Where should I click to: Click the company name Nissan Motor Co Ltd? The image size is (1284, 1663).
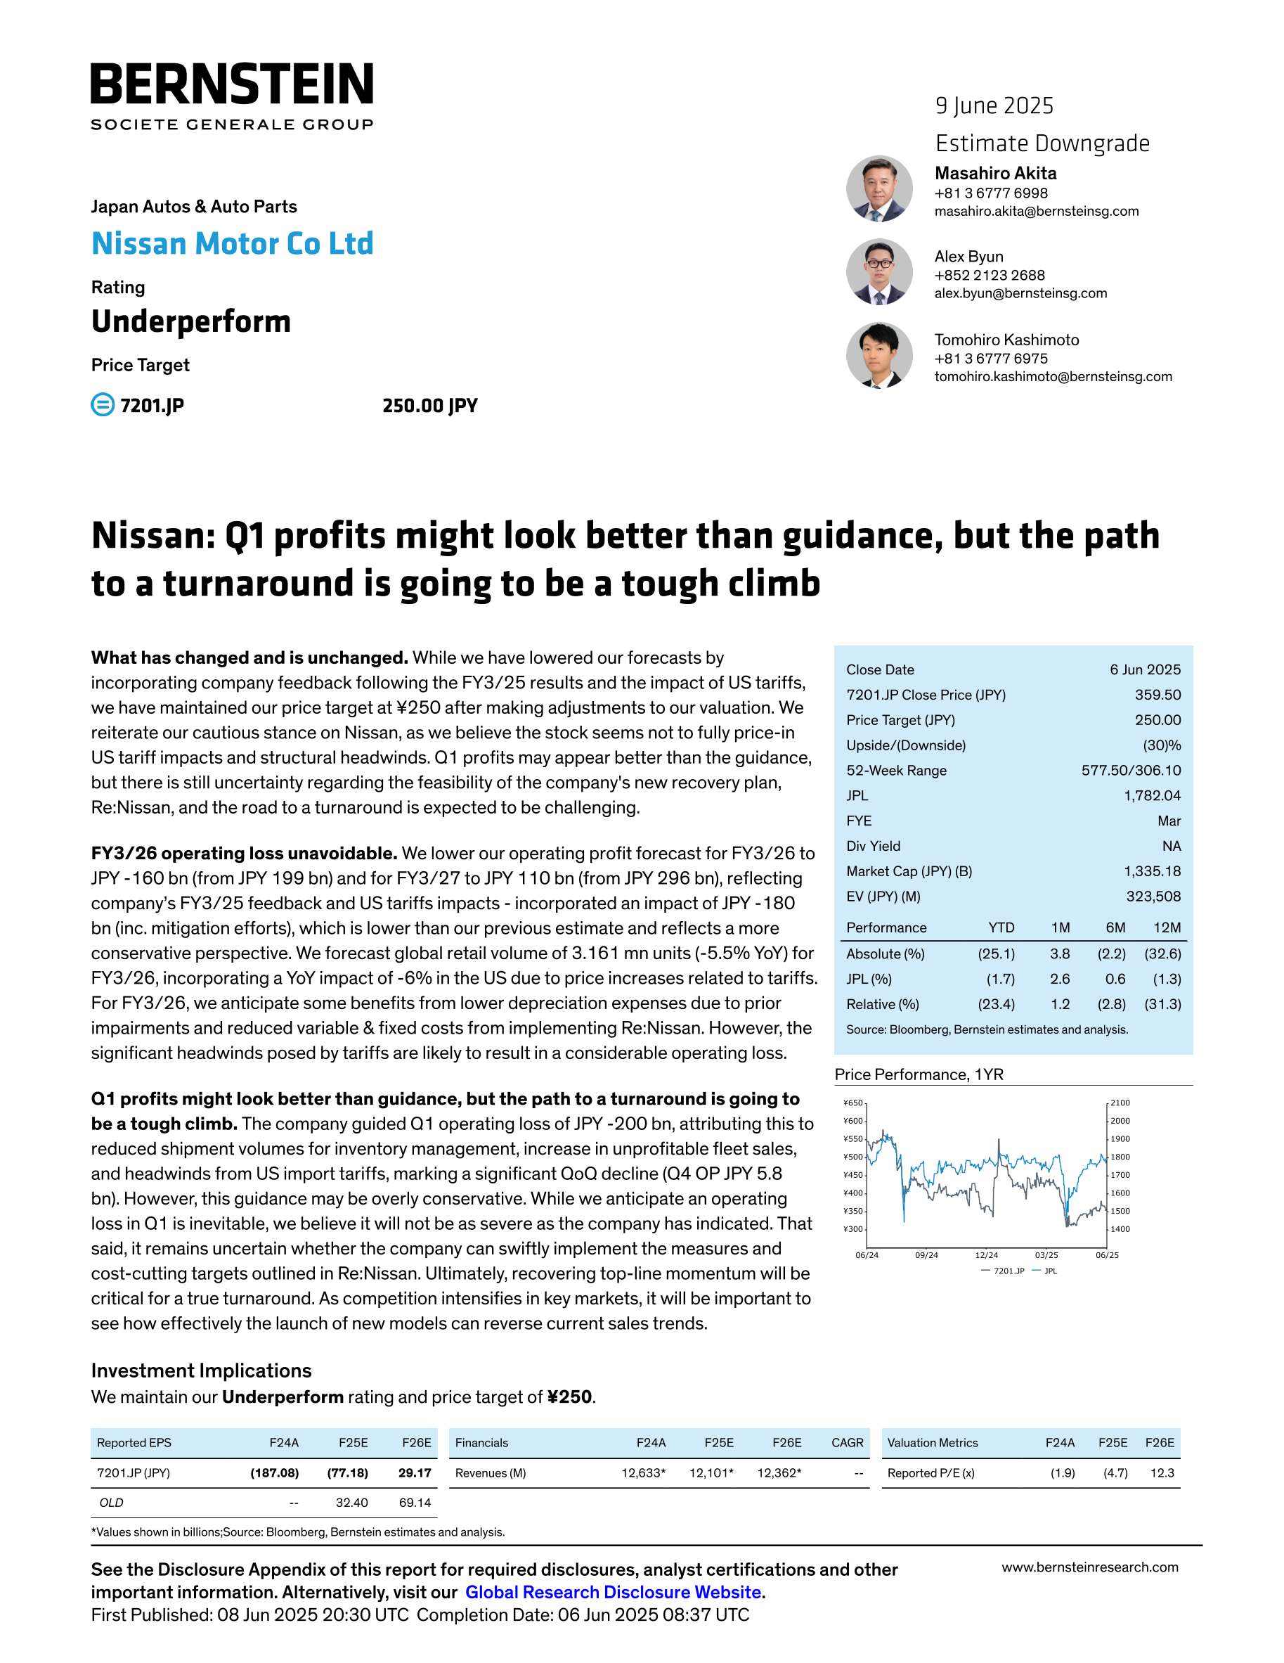pyautogui.click(x=232, y=244)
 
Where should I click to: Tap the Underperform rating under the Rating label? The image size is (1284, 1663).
pyautogui.click(x=191, y=321)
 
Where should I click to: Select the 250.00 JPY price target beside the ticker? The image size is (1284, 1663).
pyautogui.click(x=430, y=405)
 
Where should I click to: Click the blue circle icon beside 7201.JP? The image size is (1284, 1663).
pyautogui.click(x=102, y=404)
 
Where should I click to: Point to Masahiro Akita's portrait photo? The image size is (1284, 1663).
pyautogui.click(x=879, y=189)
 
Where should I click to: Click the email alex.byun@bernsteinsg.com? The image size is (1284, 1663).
pyautogui.click(x=1020, y=293)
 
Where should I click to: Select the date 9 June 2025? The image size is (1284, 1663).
pyautogui.click(x=994, y=106)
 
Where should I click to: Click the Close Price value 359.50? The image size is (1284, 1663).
pyautogui.click(x=1157, y=695)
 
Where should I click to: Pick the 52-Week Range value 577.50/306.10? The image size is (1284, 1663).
pyautogui.click(x=1131, y=770)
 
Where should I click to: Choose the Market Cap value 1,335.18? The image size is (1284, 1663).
pyautogui.click(x=1153, y=871)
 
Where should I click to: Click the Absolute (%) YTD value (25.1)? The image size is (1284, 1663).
pyautogui.click(x=997, y=954)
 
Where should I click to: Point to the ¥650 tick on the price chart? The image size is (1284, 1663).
pyautogui.click(x=852, y=1103)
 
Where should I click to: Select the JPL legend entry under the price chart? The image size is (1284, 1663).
pyautogui.click(x=1049, y=1271)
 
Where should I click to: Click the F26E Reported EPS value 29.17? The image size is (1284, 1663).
pyautogui.click(x=415, y=1472)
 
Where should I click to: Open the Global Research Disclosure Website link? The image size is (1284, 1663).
pyautogui.click(x=614, y=1592)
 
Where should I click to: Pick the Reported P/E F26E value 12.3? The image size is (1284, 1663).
pyautogui.click(x=1162, y=1472)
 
